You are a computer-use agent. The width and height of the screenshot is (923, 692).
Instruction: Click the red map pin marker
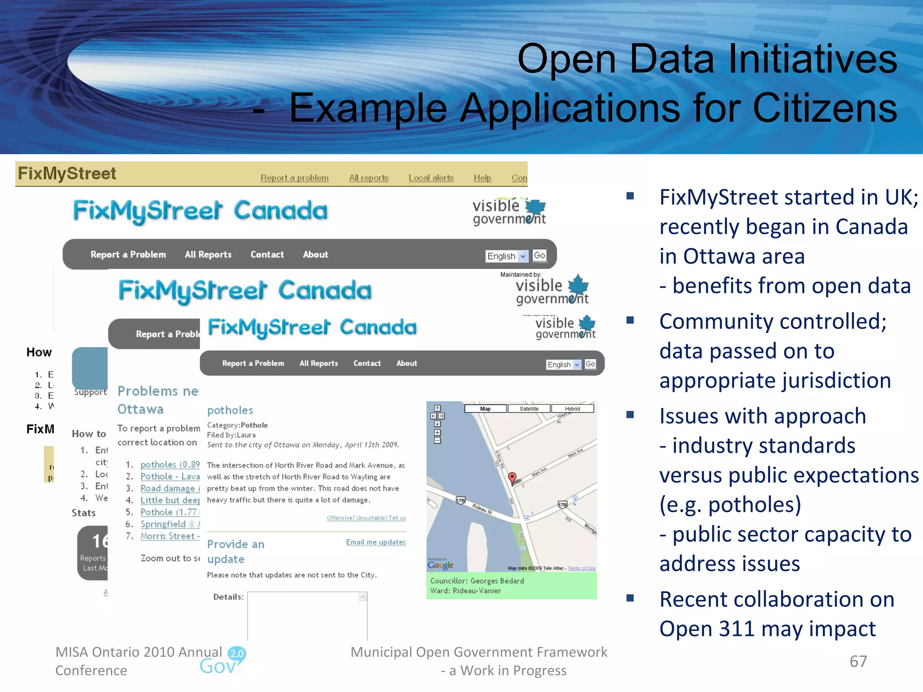(x=512, y=478)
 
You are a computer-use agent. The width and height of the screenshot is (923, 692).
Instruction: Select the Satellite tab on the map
(x=529, y=409)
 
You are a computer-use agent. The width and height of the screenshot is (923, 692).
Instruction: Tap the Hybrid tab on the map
(x=572, y=409)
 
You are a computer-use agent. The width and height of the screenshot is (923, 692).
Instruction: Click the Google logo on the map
(x=440, y=565)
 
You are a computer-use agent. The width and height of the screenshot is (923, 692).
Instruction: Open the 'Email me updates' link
(x=375, y=542)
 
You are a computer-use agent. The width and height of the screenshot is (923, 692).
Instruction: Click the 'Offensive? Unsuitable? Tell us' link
(x=366, y=518)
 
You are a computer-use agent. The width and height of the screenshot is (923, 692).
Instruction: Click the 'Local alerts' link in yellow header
(x=431, y=178)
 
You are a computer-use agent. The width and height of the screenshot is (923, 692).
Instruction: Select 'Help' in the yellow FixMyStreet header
(x=482, y=178)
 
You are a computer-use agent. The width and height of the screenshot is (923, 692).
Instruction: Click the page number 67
(x=858, y=661)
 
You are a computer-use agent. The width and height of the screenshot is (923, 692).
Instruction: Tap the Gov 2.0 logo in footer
(x=223, y=661)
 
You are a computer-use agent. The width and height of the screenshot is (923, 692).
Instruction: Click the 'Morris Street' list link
(x=168, y=536)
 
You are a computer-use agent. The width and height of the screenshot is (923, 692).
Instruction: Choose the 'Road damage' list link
(x=168, y=488)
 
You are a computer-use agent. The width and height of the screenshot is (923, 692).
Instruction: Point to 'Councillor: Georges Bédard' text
(x=477, y=581)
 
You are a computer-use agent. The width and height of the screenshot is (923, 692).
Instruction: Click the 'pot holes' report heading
(x=230, y=410)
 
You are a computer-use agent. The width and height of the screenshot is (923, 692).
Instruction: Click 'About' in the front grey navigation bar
(x=407, y=363)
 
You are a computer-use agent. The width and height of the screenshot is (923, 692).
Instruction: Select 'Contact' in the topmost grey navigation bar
(x=267, y=255)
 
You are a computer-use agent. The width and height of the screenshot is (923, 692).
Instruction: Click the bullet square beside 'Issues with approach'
(x=630, y=414)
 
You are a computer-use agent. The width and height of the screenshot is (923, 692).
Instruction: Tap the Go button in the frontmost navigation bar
(x=590, y=364)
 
